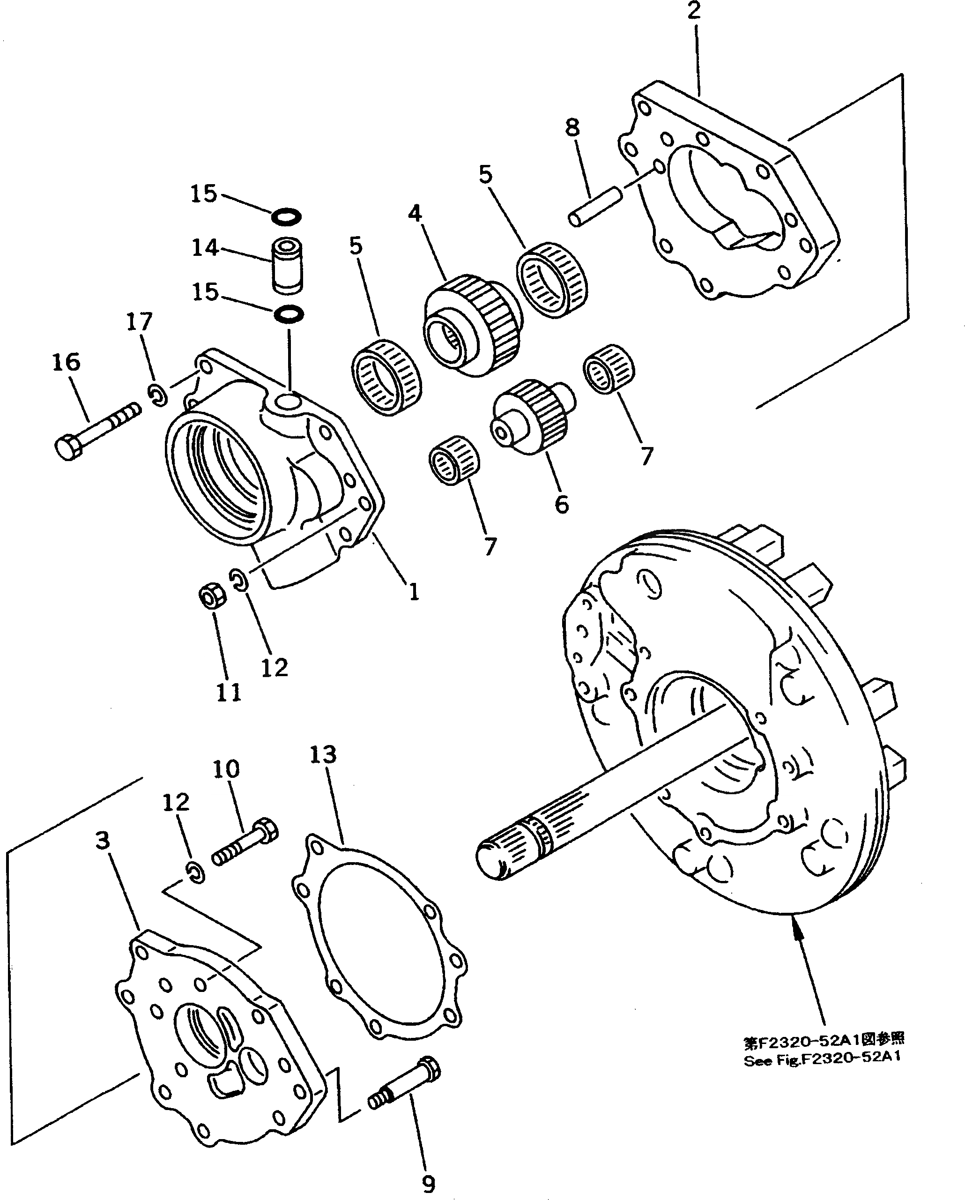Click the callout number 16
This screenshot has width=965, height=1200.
point(66,362)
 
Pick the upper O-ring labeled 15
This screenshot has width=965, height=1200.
point(287,216)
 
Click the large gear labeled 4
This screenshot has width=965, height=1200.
point(470,326)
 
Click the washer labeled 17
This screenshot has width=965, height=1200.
point(158,394)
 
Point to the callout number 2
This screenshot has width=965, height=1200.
point(693,11)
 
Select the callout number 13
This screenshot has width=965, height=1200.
point(323,755)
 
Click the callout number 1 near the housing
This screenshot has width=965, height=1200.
point(414,592)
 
